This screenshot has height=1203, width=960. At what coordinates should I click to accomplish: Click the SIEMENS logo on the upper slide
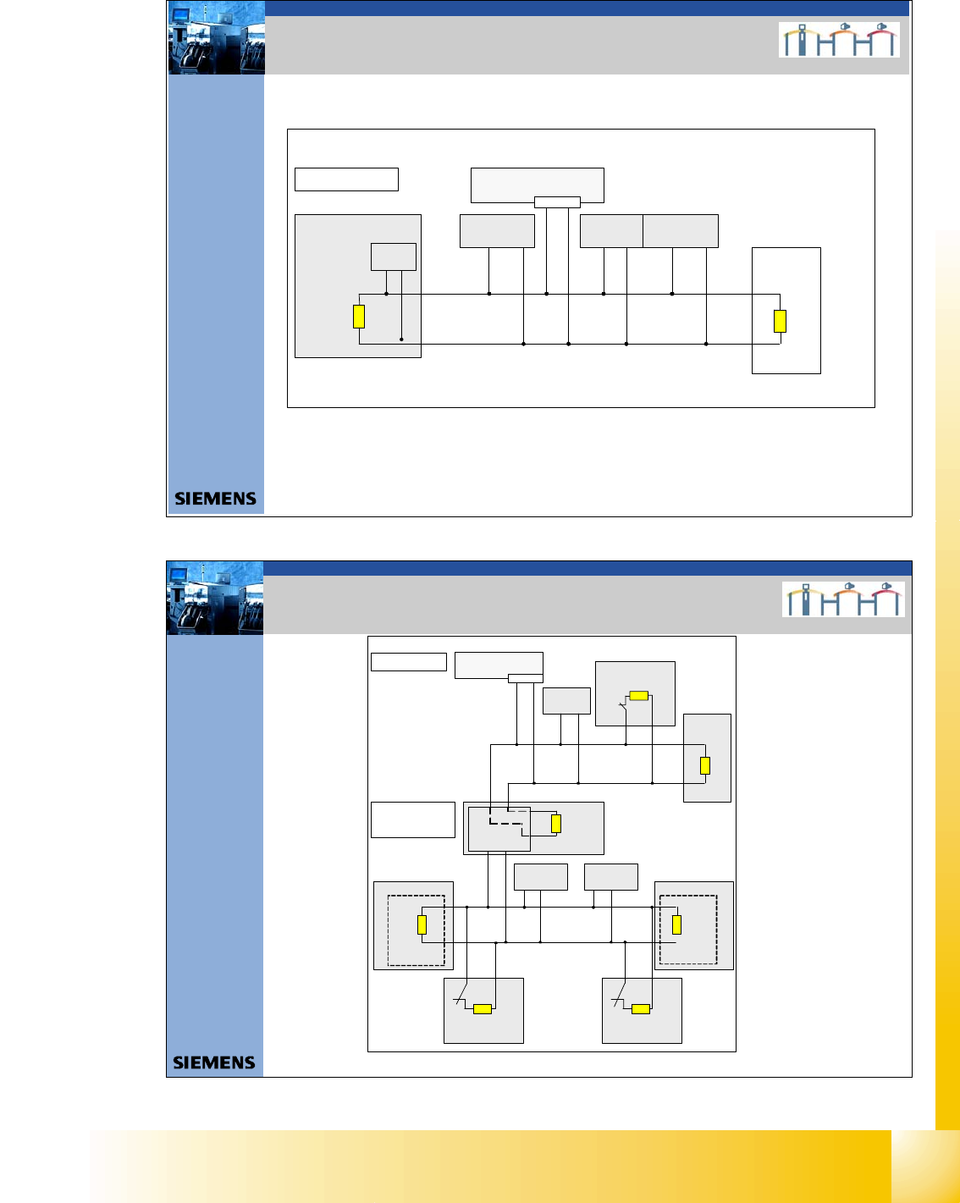point(215,499)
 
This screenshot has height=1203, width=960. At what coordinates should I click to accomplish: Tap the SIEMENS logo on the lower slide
point(214,1062)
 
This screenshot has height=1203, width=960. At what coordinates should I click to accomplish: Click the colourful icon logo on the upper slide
point(839,40)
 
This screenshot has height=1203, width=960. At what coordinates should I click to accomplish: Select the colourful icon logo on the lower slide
point(843,599)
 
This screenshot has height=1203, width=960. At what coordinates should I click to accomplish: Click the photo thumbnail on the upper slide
point(217,38)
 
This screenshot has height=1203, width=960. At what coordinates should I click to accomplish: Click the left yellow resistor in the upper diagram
point(359,316)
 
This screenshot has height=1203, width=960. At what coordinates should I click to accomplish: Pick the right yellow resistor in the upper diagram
point(780,321)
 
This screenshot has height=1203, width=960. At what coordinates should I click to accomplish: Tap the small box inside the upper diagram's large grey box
point(394,257)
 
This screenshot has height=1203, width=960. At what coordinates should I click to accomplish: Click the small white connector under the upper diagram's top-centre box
point(557,201)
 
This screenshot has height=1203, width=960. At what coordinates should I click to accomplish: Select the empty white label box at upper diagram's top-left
point(346,179)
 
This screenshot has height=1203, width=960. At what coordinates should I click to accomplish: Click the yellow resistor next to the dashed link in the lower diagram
point(556,823)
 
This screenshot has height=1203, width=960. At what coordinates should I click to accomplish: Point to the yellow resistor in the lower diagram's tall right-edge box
point(705,765)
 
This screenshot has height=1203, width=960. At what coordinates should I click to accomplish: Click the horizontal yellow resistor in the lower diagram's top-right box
point(639,696)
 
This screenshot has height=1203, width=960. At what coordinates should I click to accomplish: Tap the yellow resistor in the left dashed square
point(422,924)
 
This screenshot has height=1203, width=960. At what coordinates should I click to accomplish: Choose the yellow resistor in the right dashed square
point(676,924)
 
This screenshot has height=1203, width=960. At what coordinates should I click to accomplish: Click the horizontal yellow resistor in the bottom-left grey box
point(483,1008)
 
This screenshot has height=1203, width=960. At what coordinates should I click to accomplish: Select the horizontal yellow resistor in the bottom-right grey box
point(641,1008)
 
